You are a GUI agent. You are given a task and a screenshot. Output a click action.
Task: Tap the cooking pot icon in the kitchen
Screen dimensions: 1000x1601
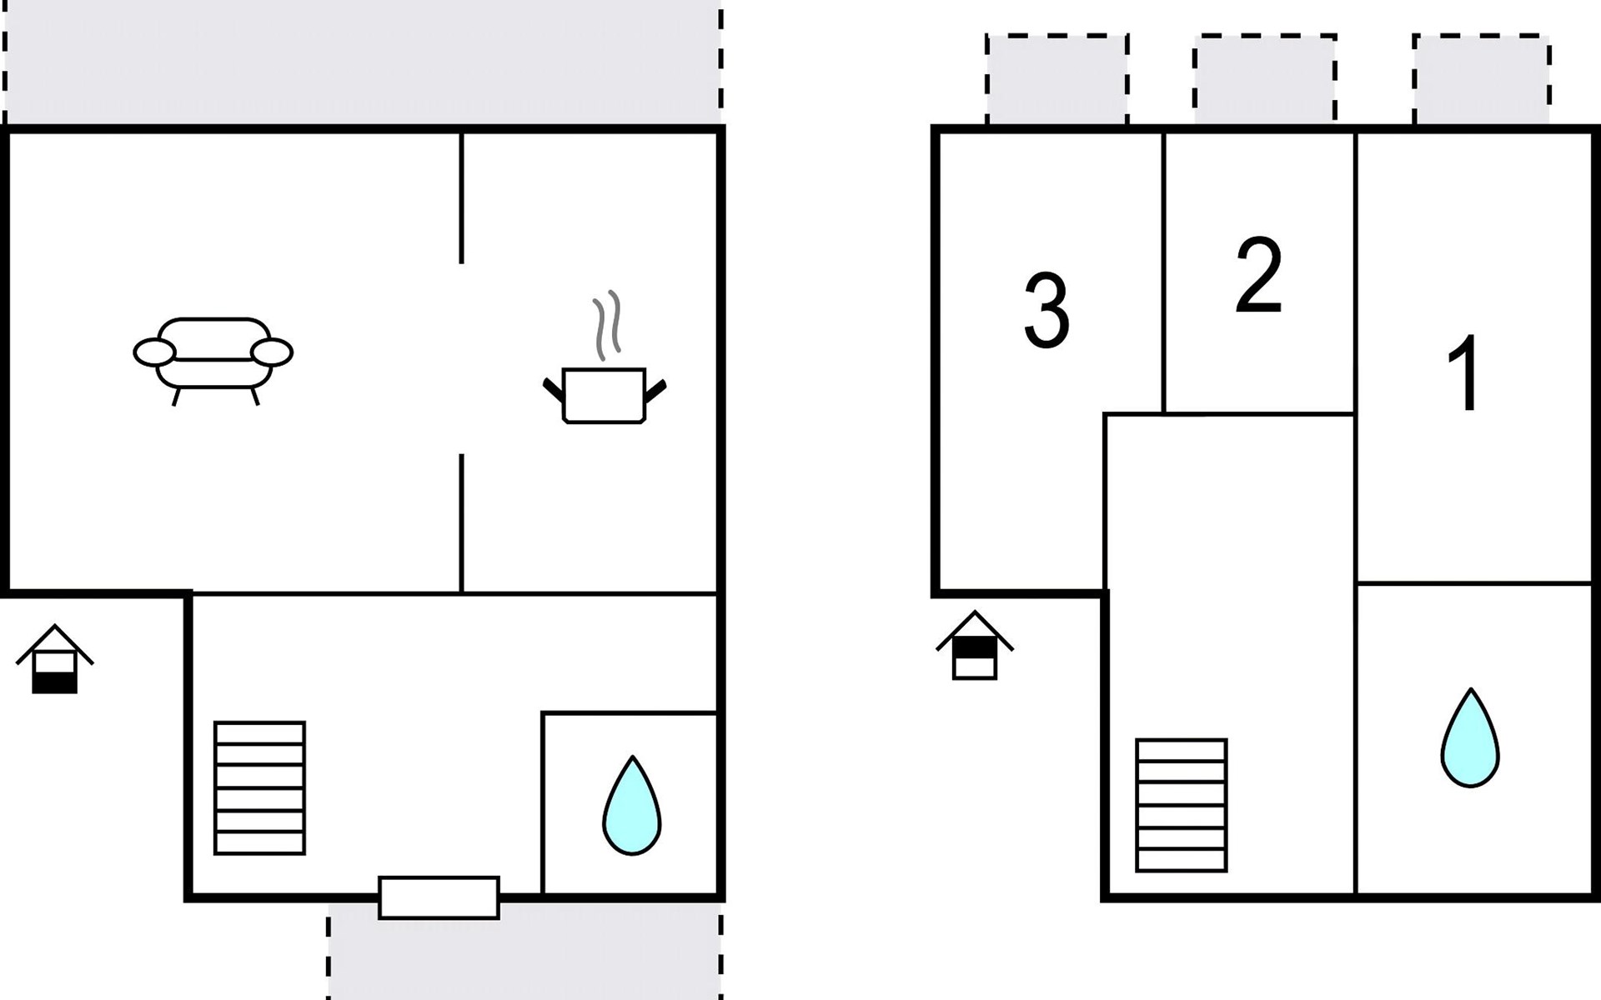[605, 396]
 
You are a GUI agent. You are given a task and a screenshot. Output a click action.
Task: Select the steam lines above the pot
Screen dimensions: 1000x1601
[607, 325]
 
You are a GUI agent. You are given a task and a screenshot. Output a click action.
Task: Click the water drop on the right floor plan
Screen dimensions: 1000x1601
[1470, 739]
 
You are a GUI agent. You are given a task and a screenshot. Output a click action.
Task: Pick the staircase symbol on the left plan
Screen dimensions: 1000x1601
[259, 787]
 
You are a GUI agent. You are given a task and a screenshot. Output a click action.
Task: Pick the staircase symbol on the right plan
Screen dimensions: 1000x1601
[1181, 805]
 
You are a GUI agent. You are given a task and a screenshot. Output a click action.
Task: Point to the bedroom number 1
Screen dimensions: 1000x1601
[1464, 372]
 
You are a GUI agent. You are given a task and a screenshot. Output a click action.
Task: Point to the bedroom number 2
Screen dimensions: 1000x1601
[1259, 276]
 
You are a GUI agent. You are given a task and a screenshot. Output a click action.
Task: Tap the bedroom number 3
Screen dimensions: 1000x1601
[1046, 312]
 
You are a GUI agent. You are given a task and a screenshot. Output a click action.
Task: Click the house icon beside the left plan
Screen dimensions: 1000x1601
[55, 659]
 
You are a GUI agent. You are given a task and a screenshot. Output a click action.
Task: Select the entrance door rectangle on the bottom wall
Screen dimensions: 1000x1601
[439, 897]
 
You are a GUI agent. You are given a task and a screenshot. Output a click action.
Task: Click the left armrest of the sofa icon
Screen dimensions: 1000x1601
[155, 352]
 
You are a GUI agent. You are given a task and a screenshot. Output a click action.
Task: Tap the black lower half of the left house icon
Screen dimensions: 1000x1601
[55, 682]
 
